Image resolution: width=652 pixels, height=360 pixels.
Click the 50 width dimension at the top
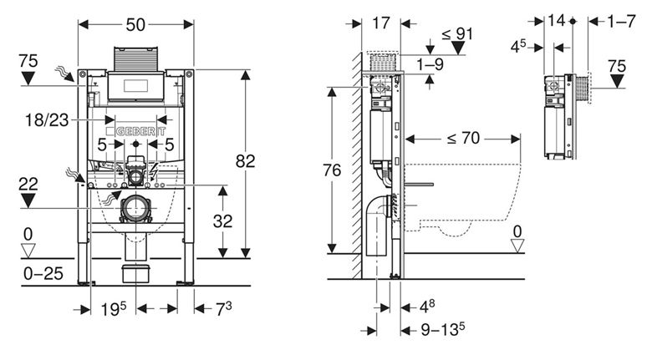(x=136, y=25)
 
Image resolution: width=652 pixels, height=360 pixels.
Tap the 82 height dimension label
(x=245, y=161)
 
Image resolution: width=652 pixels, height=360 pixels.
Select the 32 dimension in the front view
(x=222, y=221)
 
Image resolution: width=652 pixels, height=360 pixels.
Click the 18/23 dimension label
(x=47, y=120)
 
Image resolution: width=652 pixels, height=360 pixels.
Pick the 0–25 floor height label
(x=43, y=273)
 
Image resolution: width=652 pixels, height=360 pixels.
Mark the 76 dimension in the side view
(x=332, y=170)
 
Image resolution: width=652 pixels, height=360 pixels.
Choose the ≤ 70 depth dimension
(x=463, y=138)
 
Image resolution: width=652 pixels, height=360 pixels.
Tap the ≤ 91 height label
(x=457, y=33)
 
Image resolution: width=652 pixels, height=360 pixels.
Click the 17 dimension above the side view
(x=381, y=23)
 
